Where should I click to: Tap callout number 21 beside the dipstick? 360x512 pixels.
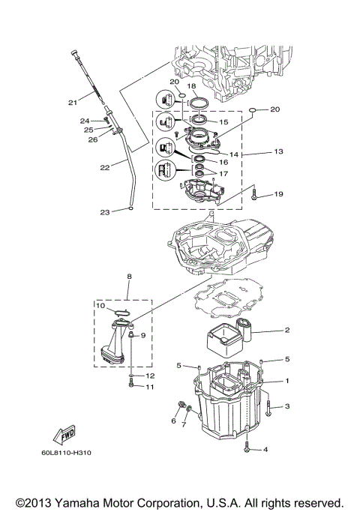pos(73,103)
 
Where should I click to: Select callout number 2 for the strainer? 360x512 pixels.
pos(286,330)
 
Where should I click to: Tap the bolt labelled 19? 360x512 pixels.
pos(256,195)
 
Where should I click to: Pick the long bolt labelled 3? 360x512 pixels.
pos(268,406)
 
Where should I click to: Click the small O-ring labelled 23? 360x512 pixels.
pos(130,211)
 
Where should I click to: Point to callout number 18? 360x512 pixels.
pos(199,87)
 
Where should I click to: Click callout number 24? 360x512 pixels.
pos(85,120)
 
